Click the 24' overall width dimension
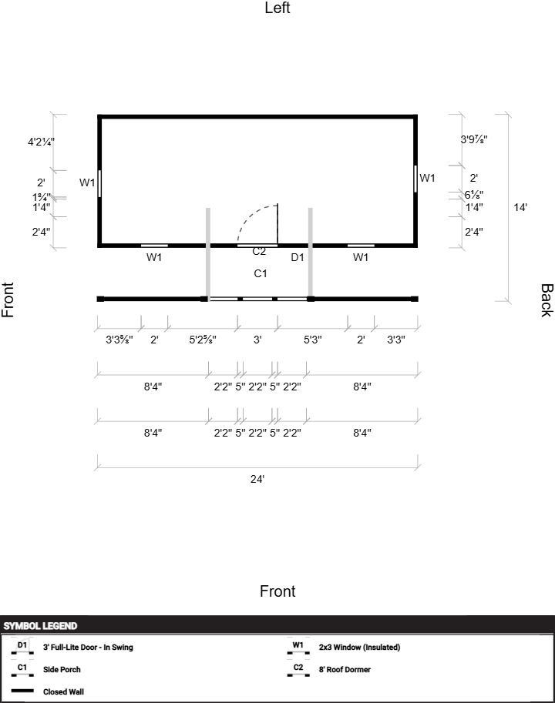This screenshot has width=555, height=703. [x=257, y=479]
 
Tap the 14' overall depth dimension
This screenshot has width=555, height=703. [x=520, y=207]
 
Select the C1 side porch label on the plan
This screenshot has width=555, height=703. [x=261, y=273]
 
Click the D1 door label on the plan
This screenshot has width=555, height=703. [x=298, y=257]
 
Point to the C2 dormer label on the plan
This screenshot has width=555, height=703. [x=259, y=252]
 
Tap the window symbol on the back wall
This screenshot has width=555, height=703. [x=415, y=179]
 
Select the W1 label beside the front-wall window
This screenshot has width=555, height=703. [x=87, y=182]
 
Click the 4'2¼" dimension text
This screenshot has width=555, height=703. [x=42, y=142]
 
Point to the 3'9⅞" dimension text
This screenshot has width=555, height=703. [x=474, y=139]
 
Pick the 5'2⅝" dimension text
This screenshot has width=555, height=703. [x=203, y=340]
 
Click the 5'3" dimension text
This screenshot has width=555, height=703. [x=313, y=340]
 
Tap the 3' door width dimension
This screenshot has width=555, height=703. [x=257, y=340]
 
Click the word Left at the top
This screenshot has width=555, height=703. [x=277, y=8]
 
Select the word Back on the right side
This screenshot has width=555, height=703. [x=547, y=300]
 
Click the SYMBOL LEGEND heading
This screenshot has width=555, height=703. [x=40, y=626]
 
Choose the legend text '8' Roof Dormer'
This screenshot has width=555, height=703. [x=345, y=669]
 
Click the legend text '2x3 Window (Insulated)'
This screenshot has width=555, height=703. [x=359, y=648]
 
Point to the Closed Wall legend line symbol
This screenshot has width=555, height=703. [x=22, y=691]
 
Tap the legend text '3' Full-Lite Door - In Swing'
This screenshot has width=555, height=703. [x=88, y=648]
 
